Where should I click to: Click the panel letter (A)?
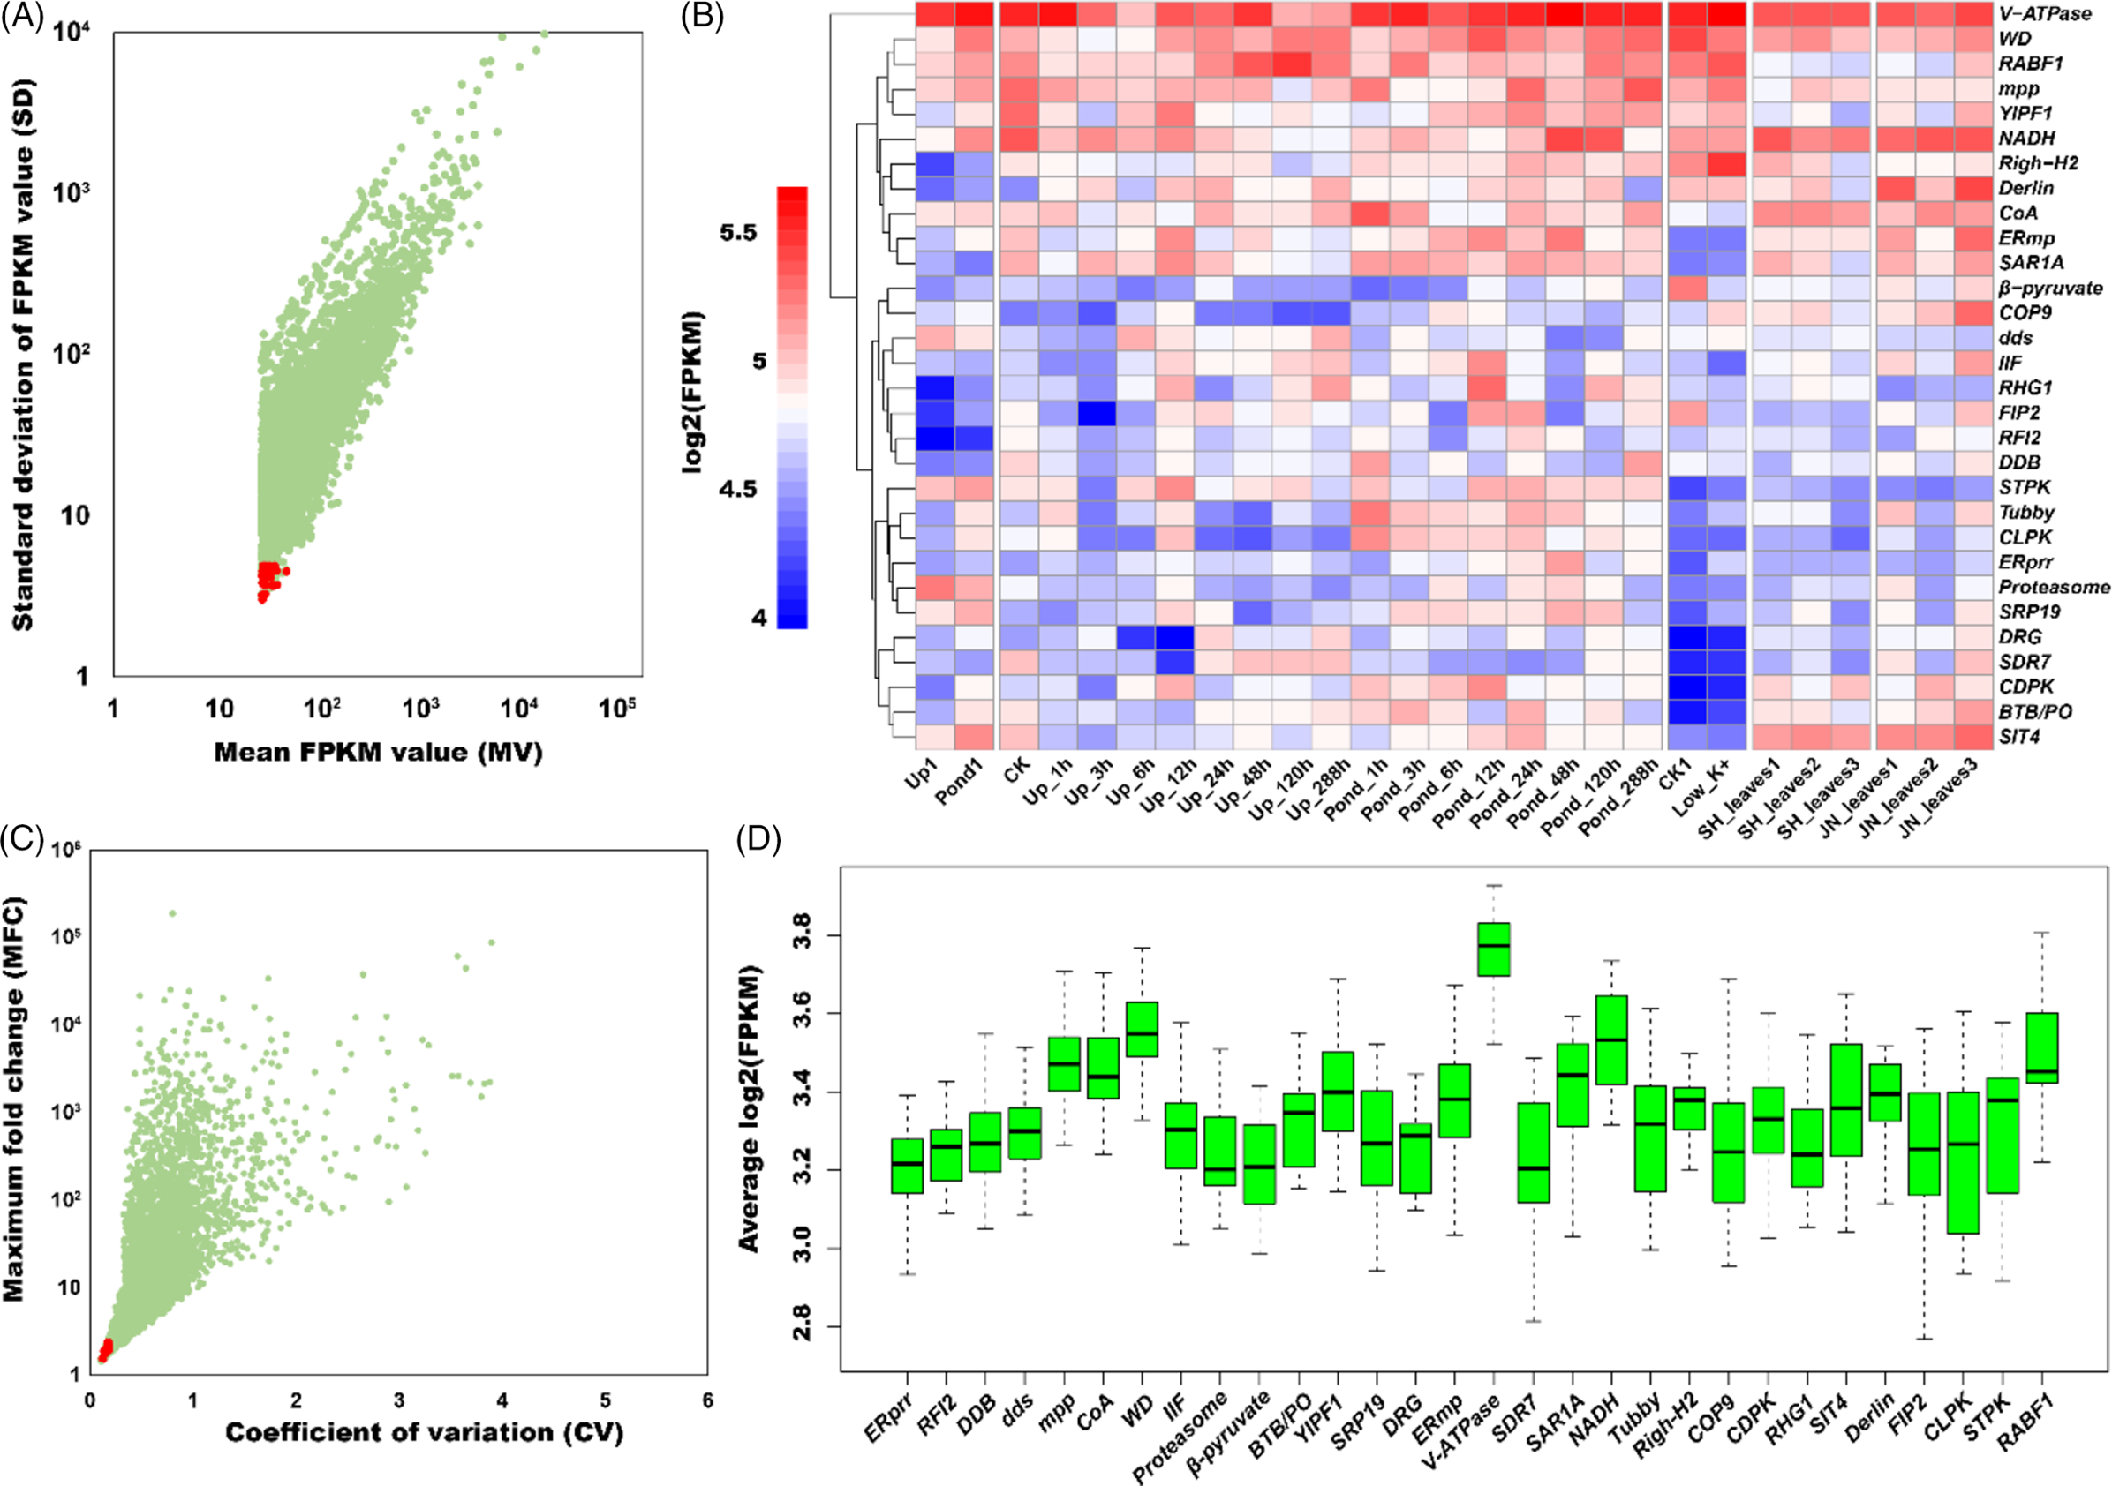[x=22, y=17]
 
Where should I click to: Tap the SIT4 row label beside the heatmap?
[x=2019, y=737]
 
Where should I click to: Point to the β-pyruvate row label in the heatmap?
[x=2049, y=289]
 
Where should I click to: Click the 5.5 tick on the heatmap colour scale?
[x=738, y=233]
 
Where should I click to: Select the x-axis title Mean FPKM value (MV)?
[x=378, y=752]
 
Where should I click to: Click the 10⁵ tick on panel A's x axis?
[x=616, y=709]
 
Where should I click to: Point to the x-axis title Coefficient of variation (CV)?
[x=424, y=1433]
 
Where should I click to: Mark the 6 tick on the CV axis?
[x=707, y=1400]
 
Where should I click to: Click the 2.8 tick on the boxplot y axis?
[x=800, y=1328]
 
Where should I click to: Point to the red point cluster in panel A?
[x=268, y=580]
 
